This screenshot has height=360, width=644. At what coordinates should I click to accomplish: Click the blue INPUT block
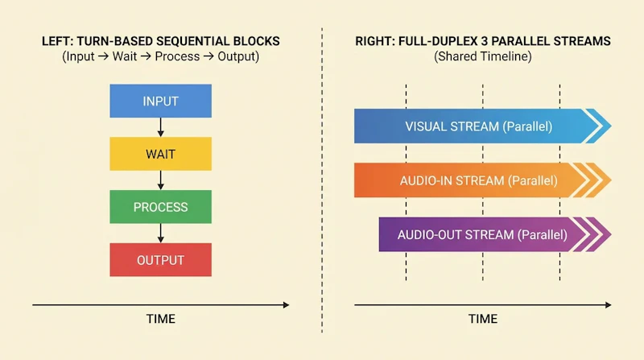coord(160,101)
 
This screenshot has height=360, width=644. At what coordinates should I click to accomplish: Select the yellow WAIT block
coord(160,154)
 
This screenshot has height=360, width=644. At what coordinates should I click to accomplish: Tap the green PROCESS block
coord(160,207)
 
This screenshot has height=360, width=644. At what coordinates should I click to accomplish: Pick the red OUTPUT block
coord(160,259)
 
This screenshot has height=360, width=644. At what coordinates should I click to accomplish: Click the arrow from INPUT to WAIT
coord(160,127)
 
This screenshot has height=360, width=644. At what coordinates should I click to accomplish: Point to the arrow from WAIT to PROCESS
coord(160,180)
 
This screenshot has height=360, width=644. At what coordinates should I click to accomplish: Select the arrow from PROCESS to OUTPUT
coord(160,233)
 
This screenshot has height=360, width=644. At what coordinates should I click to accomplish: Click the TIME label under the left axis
coord(160,319)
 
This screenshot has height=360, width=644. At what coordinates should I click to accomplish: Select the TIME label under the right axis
coord(483,319)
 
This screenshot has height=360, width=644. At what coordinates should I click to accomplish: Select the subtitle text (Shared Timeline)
coord(483,56)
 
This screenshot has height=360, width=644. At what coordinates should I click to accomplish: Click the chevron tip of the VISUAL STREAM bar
coord(611,126)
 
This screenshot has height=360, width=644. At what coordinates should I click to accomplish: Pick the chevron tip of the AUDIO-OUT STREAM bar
coord(611,234)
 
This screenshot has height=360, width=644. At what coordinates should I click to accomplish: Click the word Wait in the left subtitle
coord(125,56)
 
